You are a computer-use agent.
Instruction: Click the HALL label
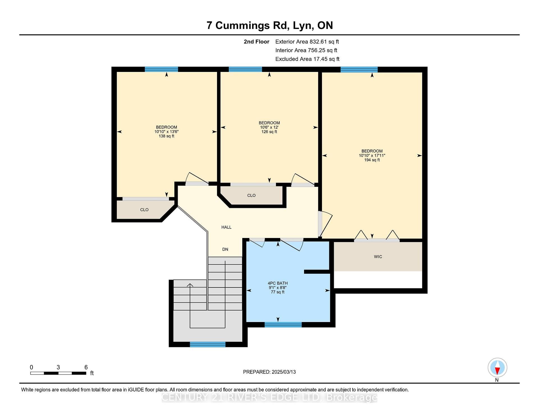coord(226,227)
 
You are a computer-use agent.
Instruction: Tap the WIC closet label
coord(378,257)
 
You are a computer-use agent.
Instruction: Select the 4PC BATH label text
coord(278,283)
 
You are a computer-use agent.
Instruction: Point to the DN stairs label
coord(225,249)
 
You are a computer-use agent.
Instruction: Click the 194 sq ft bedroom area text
coord(372,160)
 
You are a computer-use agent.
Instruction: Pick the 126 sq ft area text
coord(269,132)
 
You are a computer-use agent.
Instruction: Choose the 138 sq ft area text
coord(166,136)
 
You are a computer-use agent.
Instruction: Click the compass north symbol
coord(497,368)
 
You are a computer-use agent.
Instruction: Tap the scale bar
coord(58,373)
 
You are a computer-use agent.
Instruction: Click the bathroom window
coord(283,325)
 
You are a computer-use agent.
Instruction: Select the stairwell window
coord(207,345)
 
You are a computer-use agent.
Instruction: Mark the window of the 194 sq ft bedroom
coord(359,69)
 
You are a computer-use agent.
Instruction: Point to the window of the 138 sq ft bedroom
coord(161,69)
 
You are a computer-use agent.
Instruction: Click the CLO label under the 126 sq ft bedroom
coord(251,195)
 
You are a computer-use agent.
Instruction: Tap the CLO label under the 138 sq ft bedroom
coord(144,210)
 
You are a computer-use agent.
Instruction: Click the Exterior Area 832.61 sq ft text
coord(307,42)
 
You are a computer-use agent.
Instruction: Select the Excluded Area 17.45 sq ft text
coord(307,59)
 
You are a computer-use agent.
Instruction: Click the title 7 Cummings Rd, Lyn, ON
coord(270,25)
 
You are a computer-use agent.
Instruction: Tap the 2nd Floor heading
coord(256,42)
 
